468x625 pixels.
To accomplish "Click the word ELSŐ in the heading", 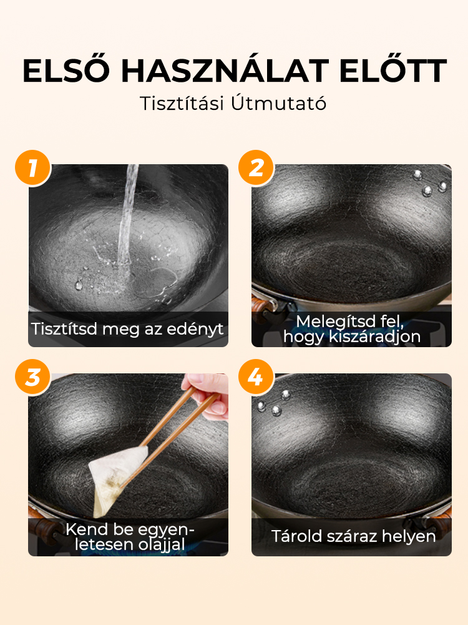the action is click(x=66, y=71).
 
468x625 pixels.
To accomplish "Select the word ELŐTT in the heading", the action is click(x=393, y=71).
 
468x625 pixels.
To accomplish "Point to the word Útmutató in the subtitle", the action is click(x=278, y=103).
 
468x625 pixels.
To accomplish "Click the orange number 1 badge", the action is click(x=33, y=168).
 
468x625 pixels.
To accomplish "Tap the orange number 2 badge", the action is click(x=256, y=168).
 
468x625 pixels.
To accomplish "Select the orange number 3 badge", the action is click(x=33, y=376).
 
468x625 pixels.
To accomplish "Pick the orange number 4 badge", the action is click(x=256, y=376).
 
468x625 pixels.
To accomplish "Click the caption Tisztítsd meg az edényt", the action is click(x=127, y=329).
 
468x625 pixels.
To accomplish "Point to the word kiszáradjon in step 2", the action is click(x=374, y=337).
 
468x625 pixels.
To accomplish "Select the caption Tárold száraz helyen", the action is click(x=353, y=536).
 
